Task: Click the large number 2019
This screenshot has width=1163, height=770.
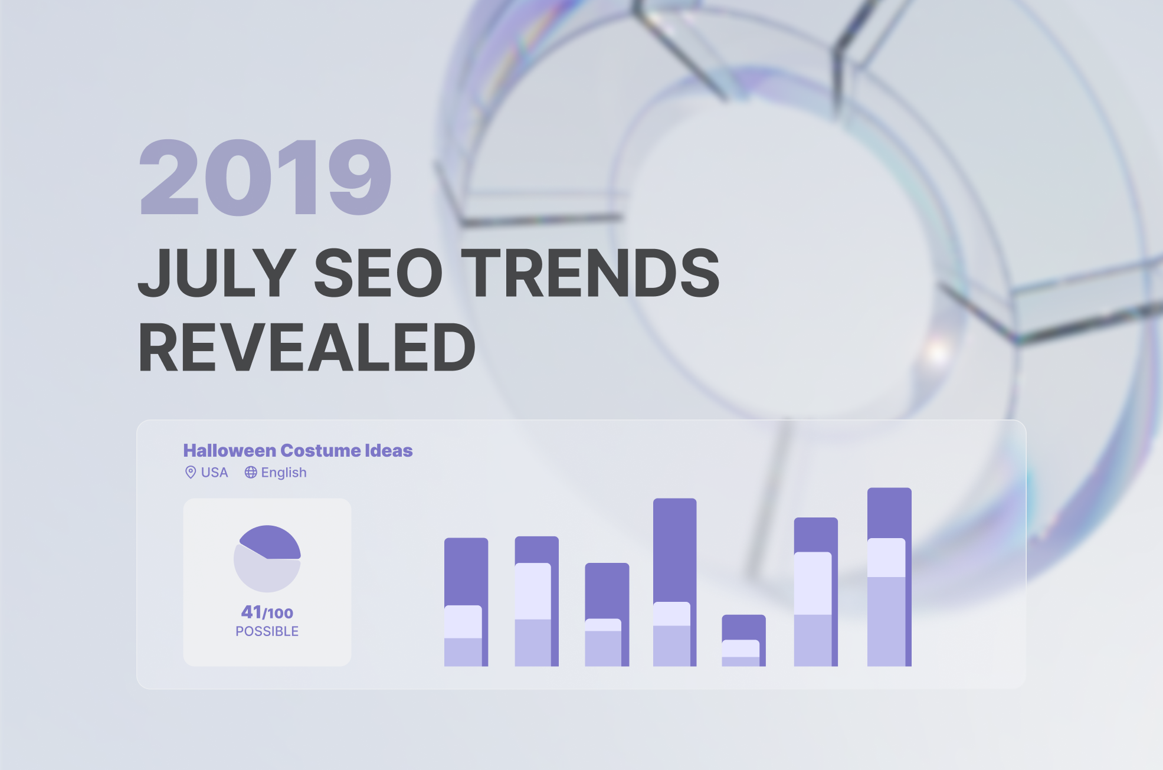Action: pos(265,177)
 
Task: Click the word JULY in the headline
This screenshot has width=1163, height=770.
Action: pos(217,272)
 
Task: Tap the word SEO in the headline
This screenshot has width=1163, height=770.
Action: pos(378,272)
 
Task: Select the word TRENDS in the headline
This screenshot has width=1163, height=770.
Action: pos(590,272)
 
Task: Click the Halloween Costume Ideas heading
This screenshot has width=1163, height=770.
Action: pos(298,450)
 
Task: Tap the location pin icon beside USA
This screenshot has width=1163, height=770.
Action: pos(191,472)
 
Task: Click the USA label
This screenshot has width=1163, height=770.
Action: pos(214,473)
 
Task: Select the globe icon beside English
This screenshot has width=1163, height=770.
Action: pos(251,472)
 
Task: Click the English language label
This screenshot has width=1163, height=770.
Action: pos(284,473)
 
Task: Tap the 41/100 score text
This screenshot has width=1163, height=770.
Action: pos(267,612)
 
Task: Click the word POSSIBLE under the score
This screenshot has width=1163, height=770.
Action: pos(267,631)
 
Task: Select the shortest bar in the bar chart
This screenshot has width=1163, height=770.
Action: pos(743,641)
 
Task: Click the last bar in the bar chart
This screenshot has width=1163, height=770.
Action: pos(889,577)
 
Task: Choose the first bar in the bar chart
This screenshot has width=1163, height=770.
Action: pos(466,602)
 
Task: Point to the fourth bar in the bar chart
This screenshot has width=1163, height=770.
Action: pos(675,582)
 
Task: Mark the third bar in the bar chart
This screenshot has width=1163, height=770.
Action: pos(607,615)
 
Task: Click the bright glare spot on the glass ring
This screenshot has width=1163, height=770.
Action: pos(937,352)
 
